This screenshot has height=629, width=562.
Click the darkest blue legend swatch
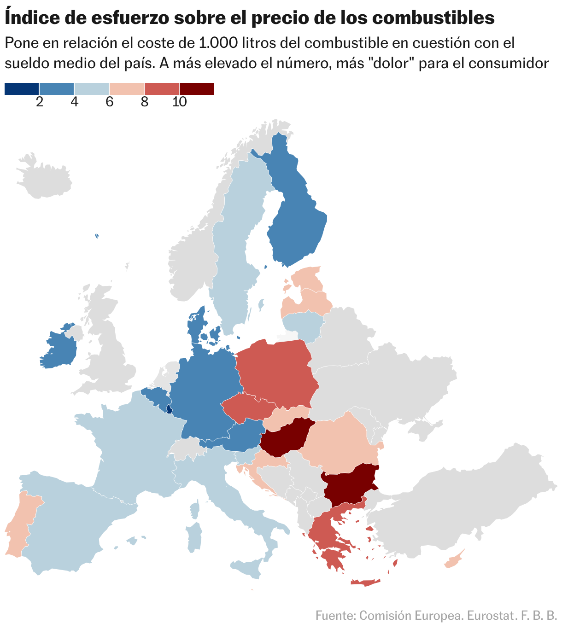coord(22,89)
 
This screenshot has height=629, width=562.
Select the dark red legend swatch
coord(197,89)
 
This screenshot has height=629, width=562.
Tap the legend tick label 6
coord(109,102)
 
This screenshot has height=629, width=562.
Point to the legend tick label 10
coord(179,102)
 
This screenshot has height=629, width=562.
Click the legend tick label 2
coord(39,102)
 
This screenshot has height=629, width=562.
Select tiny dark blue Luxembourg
coord(169,409)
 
